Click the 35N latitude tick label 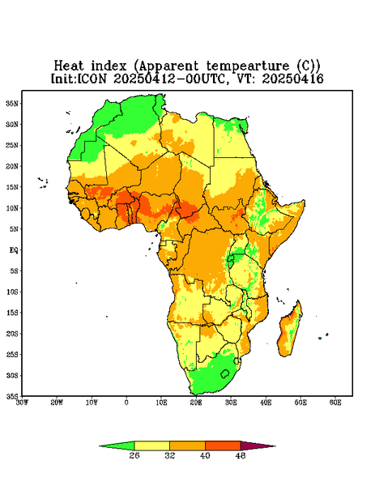tap(12, 104)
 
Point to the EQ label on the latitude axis tap(14, 249)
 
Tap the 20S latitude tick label tap(12, 334)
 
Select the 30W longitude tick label tap(23, 403)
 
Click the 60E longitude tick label tap(335, 403)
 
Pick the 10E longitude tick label tap(161, 403)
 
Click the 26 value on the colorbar tap(134, 455)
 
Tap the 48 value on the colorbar tap(241, 455)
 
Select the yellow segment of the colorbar tap(151, 446)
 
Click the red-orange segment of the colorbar tap(223, 446)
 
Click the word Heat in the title tap(69, 66)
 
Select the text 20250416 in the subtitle tap(292, 79)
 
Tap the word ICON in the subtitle tap(92, 79)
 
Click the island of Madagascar tap(290, 330)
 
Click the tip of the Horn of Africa tap(305, 202)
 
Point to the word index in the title tap(109, 66)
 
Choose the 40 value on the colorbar tap(205, 455)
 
